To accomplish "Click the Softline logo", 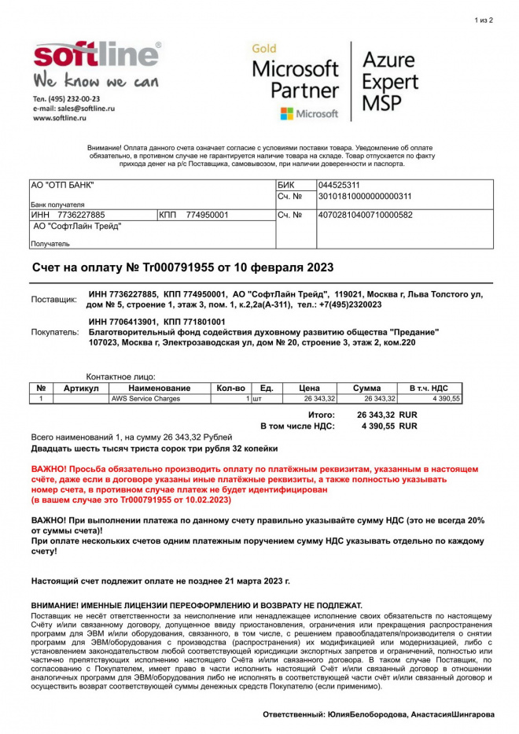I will (x=96, y=57).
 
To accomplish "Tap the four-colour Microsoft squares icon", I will (x=287, y=114).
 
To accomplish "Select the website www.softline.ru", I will (x=59, y=118).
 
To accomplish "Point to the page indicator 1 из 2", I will (x=484, y=20).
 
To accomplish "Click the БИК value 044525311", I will (x=339, y=186).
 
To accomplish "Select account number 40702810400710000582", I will (x=365, y=215).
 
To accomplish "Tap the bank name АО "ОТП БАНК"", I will (x=62, y=186).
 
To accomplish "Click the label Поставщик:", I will (x=54, y=300).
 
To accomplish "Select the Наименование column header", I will (x=160, y=388).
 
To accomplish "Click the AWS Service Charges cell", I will (x=145, y=399).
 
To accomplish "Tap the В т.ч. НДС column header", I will (x=429, y=388).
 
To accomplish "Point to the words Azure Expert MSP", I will (x=389, y=80).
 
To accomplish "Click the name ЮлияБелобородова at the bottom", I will (x=367, y=714).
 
